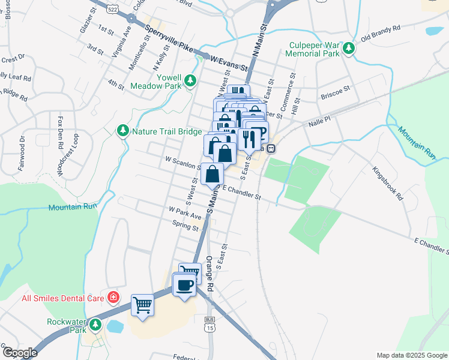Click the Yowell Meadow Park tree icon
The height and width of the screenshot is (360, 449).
(x=190, y=80)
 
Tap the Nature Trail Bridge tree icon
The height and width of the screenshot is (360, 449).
(x=123, y=130)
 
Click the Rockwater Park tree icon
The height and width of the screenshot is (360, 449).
(x=95, y=325)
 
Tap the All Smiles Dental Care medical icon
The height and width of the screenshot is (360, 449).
(x=113, y=298)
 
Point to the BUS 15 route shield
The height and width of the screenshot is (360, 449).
(x=209, y=324)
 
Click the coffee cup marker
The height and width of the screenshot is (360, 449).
(x=185, y=284)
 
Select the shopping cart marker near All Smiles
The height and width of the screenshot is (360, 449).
(x=142, y=304)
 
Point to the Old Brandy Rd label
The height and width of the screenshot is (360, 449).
(x=380, y=34)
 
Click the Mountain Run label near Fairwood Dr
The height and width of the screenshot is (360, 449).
(x=73, y=206)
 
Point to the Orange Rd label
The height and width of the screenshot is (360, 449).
(x=209, y=274)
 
